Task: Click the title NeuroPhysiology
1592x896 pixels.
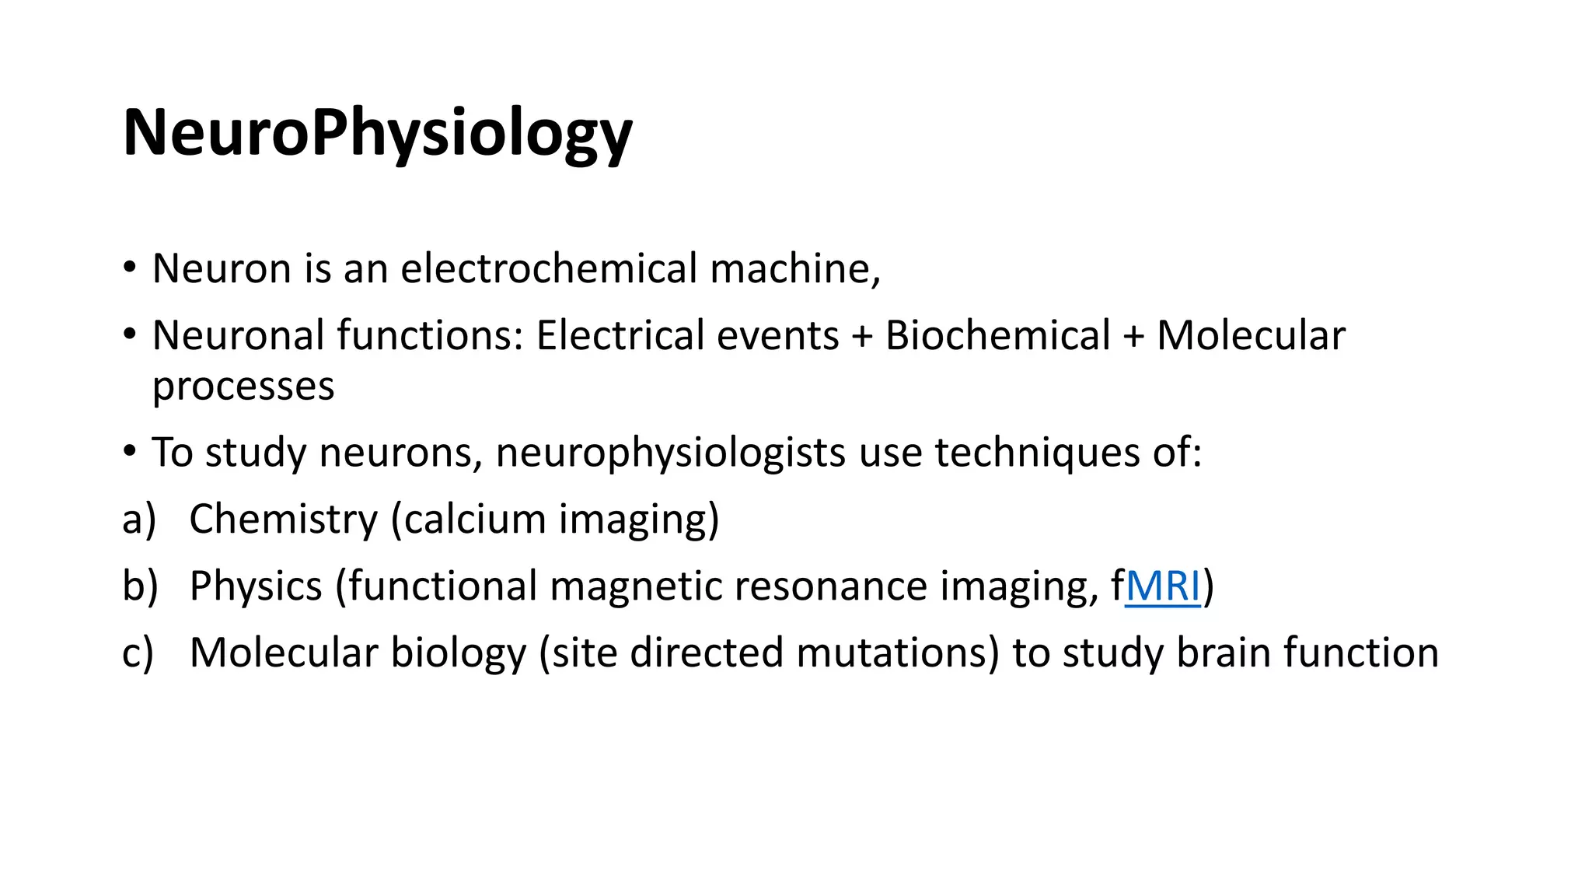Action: point(378,134)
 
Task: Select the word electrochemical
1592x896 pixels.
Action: point(549,269)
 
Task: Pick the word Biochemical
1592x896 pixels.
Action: point(997,336)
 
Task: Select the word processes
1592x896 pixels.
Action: point(243,387)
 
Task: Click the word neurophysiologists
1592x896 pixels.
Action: point(670,453)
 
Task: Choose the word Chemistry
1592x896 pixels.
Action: point(283,520)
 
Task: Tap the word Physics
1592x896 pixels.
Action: point(256,586)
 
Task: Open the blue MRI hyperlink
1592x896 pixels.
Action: point(1163,586)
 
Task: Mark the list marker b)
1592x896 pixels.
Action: point(140,586)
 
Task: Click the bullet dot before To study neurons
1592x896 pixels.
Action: point(130,451)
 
